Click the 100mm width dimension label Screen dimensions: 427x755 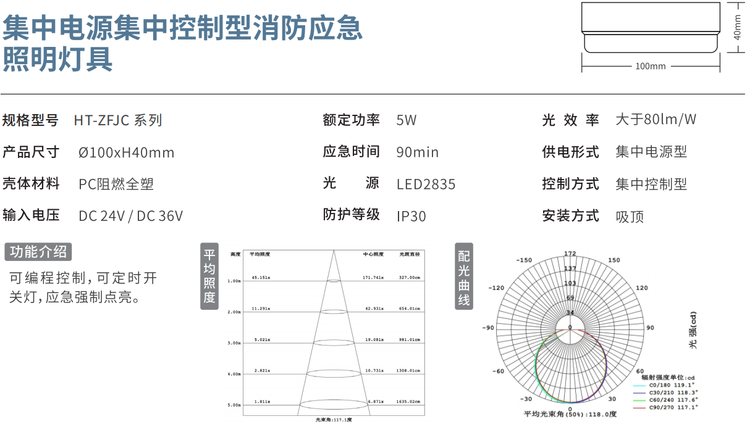[651, 66]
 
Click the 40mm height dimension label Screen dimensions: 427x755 [737, 27]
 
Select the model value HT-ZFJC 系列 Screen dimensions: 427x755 [118, 120]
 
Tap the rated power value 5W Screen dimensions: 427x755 [407, 120]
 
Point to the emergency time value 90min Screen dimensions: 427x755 [418, 152]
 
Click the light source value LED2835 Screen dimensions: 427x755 [426, 184]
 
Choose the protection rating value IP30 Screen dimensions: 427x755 [411, 217]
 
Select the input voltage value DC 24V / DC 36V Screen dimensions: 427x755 [131, 217]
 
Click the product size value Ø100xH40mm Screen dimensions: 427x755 [127, 152]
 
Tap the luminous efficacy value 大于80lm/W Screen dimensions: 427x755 [656, 120]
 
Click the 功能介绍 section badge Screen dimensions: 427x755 [38, 252]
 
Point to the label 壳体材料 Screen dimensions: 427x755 [31, 184]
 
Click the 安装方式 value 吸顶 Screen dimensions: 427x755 [630, 217]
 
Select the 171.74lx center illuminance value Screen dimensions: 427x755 [373, 278]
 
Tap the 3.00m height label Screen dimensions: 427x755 [234, 343]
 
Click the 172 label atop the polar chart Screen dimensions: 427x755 [570, 254]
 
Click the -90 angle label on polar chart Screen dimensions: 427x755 [488, 328]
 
